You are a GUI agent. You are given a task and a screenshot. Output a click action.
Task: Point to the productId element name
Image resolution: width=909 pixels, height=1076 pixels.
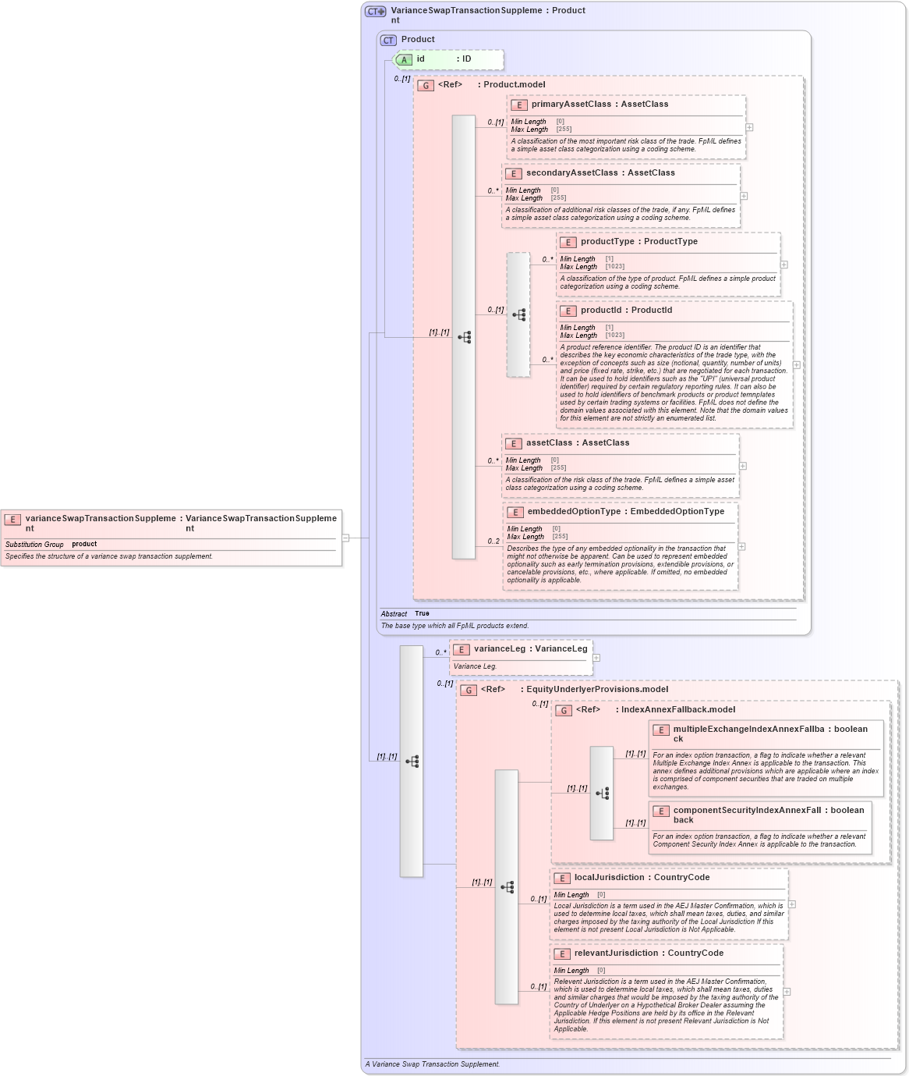click(600, 311)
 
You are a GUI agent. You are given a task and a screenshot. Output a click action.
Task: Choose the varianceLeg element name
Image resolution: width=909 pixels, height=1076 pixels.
click(499, 649)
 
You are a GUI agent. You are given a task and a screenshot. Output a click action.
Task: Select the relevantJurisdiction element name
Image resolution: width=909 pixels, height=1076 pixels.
click(616, 953)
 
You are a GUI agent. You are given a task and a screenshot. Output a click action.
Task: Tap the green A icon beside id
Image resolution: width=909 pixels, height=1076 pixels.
click(404, 59)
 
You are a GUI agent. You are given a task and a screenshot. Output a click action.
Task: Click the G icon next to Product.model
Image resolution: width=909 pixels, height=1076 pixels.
click(426, 85)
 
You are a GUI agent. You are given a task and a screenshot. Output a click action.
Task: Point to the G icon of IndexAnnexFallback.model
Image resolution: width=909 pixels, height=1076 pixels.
click(564, 710)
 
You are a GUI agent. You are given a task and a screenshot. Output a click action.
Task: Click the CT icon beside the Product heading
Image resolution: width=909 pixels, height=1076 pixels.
click(388, 40)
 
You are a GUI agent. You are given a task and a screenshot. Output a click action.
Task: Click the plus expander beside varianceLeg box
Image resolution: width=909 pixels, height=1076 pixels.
click(596, 658)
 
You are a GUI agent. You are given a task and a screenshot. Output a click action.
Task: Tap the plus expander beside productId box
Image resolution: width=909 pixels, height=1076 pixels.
click(796, 364)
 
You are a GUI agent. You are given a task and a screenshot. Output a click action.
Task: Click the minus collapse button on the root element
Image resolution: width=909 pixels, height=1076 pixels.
click(345, 538)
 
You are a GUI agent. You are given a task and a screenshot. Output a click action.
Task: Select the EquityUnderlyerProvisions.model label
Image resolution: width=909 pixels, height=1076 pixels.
click(597, 690)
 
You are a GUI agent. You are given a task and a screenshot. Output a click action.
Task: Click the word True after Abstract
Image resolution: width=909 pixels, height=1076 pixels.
click(422, 613)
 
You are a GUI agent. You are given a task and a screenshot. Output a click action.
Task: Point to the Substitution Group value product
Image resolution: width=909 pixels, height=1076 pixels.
click(84, 544)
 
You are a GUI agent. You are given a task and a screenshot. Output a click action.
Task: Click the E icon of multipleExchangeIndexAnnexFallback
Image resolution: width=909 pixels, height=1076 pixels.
click(661, 730)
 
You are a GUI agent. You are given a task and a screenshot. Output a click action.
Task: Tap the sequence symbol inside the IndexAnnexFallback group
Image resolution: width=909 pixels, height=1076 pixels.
click(602, 794)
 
